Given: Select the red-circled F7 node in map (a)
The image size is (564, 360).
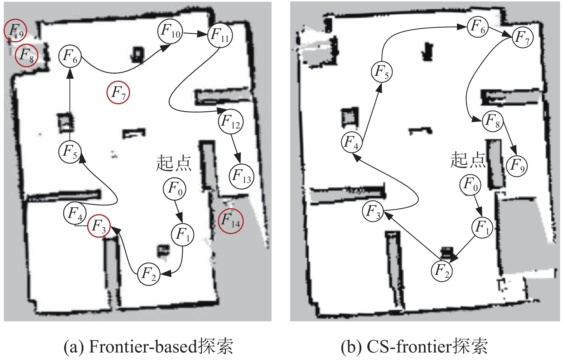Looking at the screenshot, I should pos(118,93).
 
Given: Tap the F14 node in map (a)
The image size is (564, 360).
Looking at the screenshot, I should pos(231,221).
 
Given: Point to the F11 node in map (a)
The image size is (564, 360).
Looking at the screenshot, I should pos(220,35).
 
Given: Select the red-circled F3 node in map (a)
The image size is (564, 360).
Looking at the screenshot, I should pos(99,226).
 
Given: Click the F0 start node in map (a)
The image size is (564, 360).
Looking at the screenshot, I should pos(175,188).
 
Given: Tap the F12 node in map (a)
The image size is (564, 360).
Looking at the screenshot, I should pos(231,122).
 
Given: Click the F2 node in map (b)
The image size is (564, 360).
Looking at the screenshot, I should pos(442,271).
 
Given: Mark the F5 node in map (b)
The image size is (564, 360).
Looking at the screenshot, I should pos(382,72).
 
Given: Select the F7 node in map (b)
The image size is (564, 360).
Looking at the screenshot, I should pos(522,37).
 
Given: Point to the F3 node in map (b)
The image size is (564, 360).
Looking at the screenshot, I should pos(373,211).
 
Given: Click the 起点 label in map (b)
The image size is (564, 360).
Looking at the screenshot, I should pos(468,160).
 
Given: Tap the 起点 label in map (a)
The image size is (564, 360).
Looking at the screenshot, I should pos(174,163).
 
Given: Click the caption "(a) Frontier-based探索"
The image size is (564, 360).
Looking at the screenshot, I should pos(148,346).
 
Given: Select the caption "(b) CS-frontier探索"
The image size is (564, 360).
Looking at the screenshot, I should pos(414,346).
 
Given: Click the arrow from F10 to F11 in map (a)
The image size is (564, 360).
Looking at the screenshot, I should pos(195,34).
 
